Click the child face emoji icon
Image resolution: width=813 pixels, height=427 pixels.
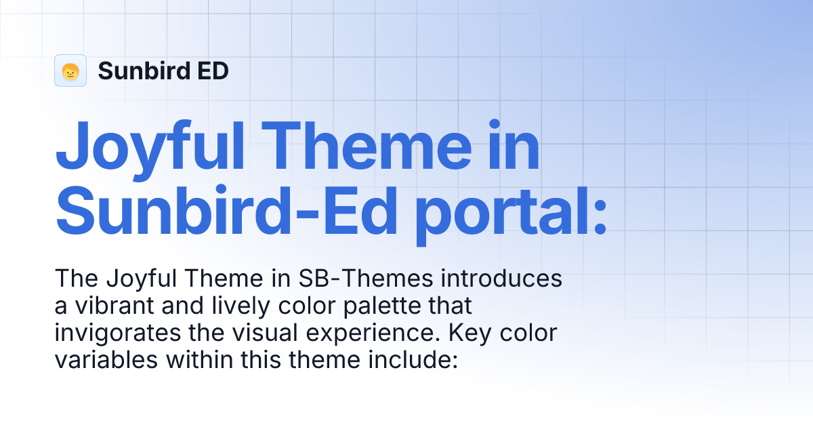point(70,71)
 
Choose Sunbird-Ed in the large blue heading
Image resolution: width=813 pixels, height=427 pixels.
point(226,211)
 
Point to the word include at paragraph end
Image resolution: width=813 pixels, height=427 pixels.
point(414,360)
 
